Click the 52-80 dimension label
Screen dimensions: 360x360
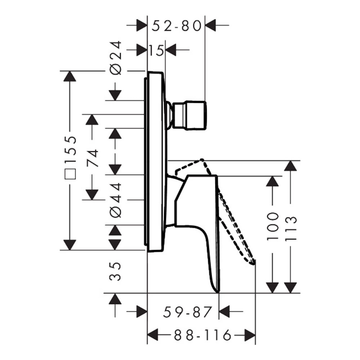[176, 26]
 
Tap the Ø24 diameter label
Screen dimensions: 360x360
[116, 58]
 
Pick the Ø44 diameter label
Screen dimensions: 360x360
[116, 200]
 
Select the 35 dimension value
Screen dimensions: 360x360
[115, 271]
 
